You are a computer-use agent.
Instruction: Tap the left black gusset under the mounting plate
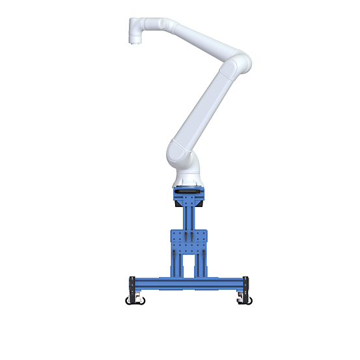tap(178, 202)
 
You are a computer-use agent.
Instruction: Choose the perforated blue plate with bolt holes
tap(189, 240)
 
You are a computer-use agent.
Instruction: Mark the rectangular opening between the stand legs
tap(189, 264)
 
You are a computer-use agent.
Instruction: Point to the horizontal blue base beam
tap(189, 283)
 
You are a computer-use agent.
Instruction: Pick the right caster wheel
tap(243, 300)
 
